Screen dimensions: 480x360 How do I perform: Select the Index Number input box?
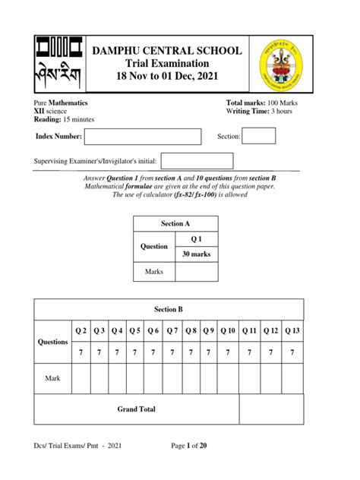coord(142,137)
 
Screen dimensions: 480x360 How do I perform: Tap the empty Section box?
coord(258,136)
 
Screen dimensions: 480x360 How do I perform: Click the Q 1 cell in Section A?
coord(196,238)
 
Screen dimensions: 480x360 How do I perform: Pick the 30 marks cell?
coord(196,254)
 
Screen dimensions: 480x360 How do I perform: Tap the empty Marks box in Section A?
coord(196,272)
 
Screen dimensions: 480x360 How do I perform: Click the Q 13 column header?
coord(292,330)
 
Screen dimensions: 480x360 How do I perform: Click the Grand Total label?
coord(137,409)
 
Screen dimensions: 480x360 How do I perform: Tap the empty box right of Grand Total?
coord(271,409)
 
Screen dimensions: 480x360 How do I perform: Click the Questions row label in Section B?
coord(53,342)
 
